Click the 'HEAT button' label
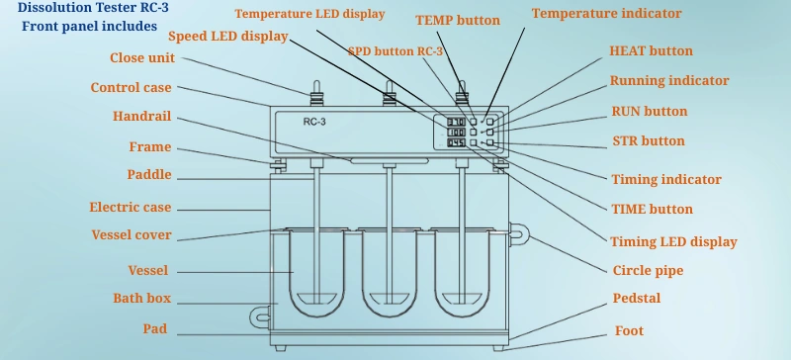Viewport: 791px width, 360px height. click(651, 51)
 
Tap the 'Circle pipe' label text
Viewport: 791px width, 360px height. click(648, 271)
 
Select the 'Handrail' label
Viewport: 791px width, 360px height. click(141, 116)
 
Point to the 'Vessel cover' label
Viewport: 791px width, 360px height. click(132, 234)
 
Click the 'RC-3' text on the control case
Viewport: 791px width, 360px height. click(314, 122)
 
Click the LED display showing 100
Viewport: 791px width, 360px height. click(457, 133)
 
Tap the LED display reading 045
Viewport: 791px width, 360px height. click(457, 142)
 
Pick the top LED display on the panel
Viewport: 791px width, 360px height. click(457, 122)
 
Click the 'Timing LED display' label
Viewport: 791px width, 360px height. click(674, 242)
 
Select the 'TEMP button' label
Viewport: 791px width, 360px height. click(458, 20)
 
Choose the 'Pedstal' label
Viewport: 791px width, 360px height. click(637, 298)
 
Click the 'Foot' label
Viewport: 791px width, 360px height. click(629, 330)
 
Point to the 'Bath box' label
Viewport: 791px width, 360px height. click(141, 298)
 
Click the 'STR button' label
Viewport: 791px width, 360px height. click(649, 140)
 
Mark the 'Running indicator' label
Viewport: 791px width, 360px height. click(669, 81)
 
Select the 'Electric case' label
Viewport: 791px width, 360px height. click(131, 207)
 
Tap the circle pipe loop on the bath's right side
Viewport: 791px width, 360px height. click(520, 234)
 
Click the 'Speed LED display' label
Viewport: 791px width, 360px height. click(228, 37)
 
